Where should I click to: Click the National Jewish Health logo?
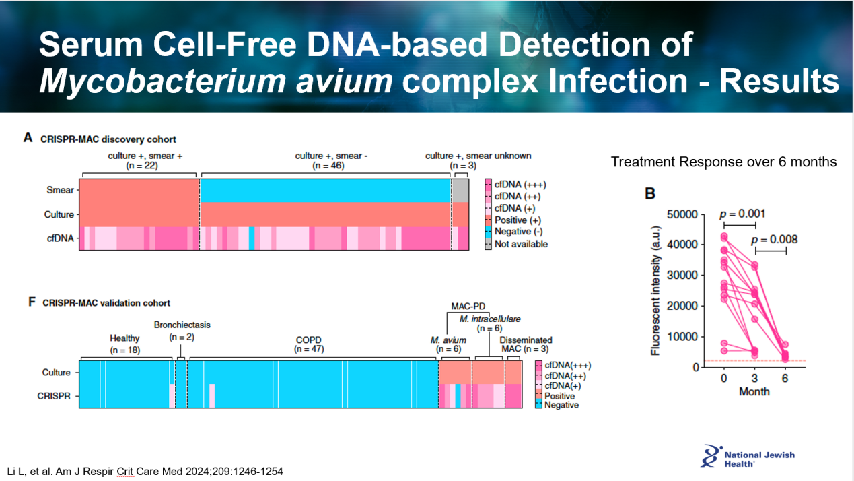[x=747, y=456]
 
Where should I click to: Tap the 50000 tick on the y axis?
[x=695, y=214]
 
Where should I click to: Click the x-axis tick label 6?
[x=785, y=379]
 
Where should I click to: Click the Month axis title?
[x=754, y=391]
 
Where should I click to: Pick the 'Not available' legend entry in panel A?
[x=520, y=244]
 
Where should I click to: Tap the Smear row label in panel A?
[x=60, y=190]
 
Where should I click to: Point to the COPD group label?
[x=308, y=340]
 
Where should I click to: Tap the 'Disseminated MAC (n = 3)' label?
[x=526, y=344]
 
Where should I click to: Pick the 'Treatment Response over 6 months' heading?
[x=723, y=162]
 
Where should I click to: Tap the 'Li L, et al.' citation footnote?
[x=145, y=471]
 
